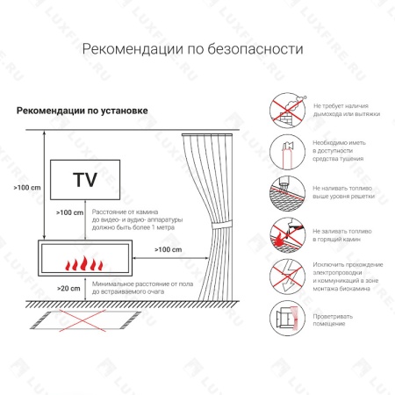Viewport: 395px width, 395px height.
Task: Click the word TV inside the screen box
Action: [x=84, y=182]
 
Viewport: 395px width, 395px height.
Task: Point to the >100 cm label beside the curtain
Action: [x=168, y=250]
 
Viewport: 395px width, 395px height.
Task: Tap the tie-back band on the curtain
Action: [x=213, y=231]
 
